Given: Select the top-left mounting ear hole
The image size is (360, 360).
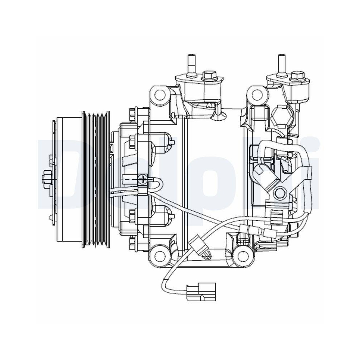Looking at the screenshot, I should click(x=158, y=94).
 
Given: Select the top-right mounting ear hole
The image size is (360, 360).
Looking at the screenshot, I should click(x=257, y=94).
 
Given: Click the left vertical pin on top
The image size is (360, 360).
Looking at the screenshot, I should click(x=191, y=63).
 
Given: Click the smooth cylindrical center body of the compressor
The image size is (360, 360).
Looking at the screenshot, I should click(x=212, y=173).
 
